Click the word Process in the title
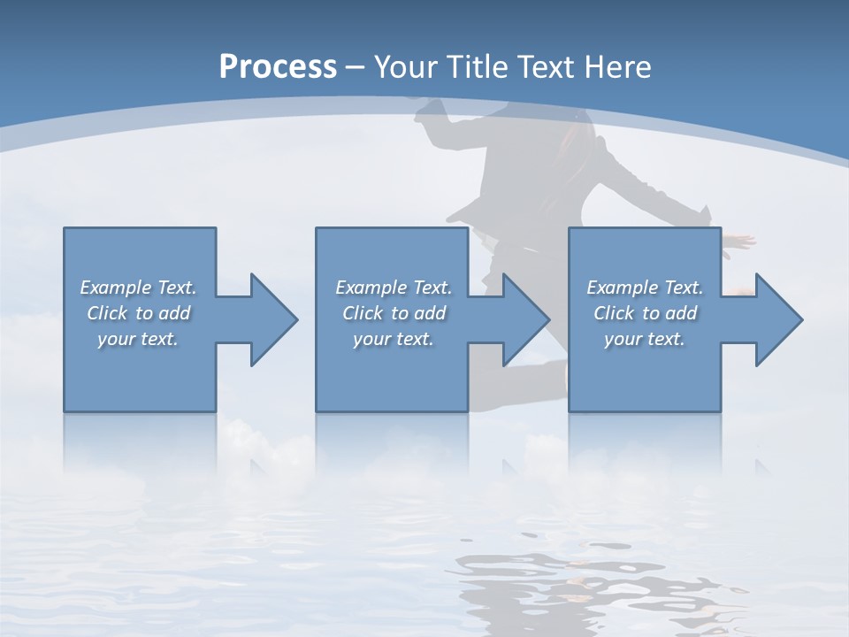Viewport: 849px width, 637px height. (278, 66)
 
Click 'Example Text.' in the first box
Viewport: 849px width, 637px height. (138, 288)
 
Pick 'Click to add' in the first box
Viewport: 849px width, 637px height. (138, 313)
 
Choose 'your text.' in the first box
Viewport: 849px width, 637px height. (138, 339)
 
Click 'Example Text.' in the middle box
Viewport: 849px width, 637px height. (394, 288)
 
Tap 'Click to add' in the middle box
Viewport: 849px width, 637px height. (394, 313)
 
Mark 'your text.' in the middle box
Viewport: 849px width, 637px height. (394, 339)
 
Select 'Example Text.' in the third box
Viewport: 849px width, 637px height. (645, 288)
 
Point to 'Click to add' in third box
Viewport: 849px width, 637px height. (645, 313)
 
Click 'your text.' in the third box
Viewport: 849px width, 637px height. (645, 339)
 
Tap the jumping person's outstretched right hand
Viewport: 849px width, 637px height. (741, 240)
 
